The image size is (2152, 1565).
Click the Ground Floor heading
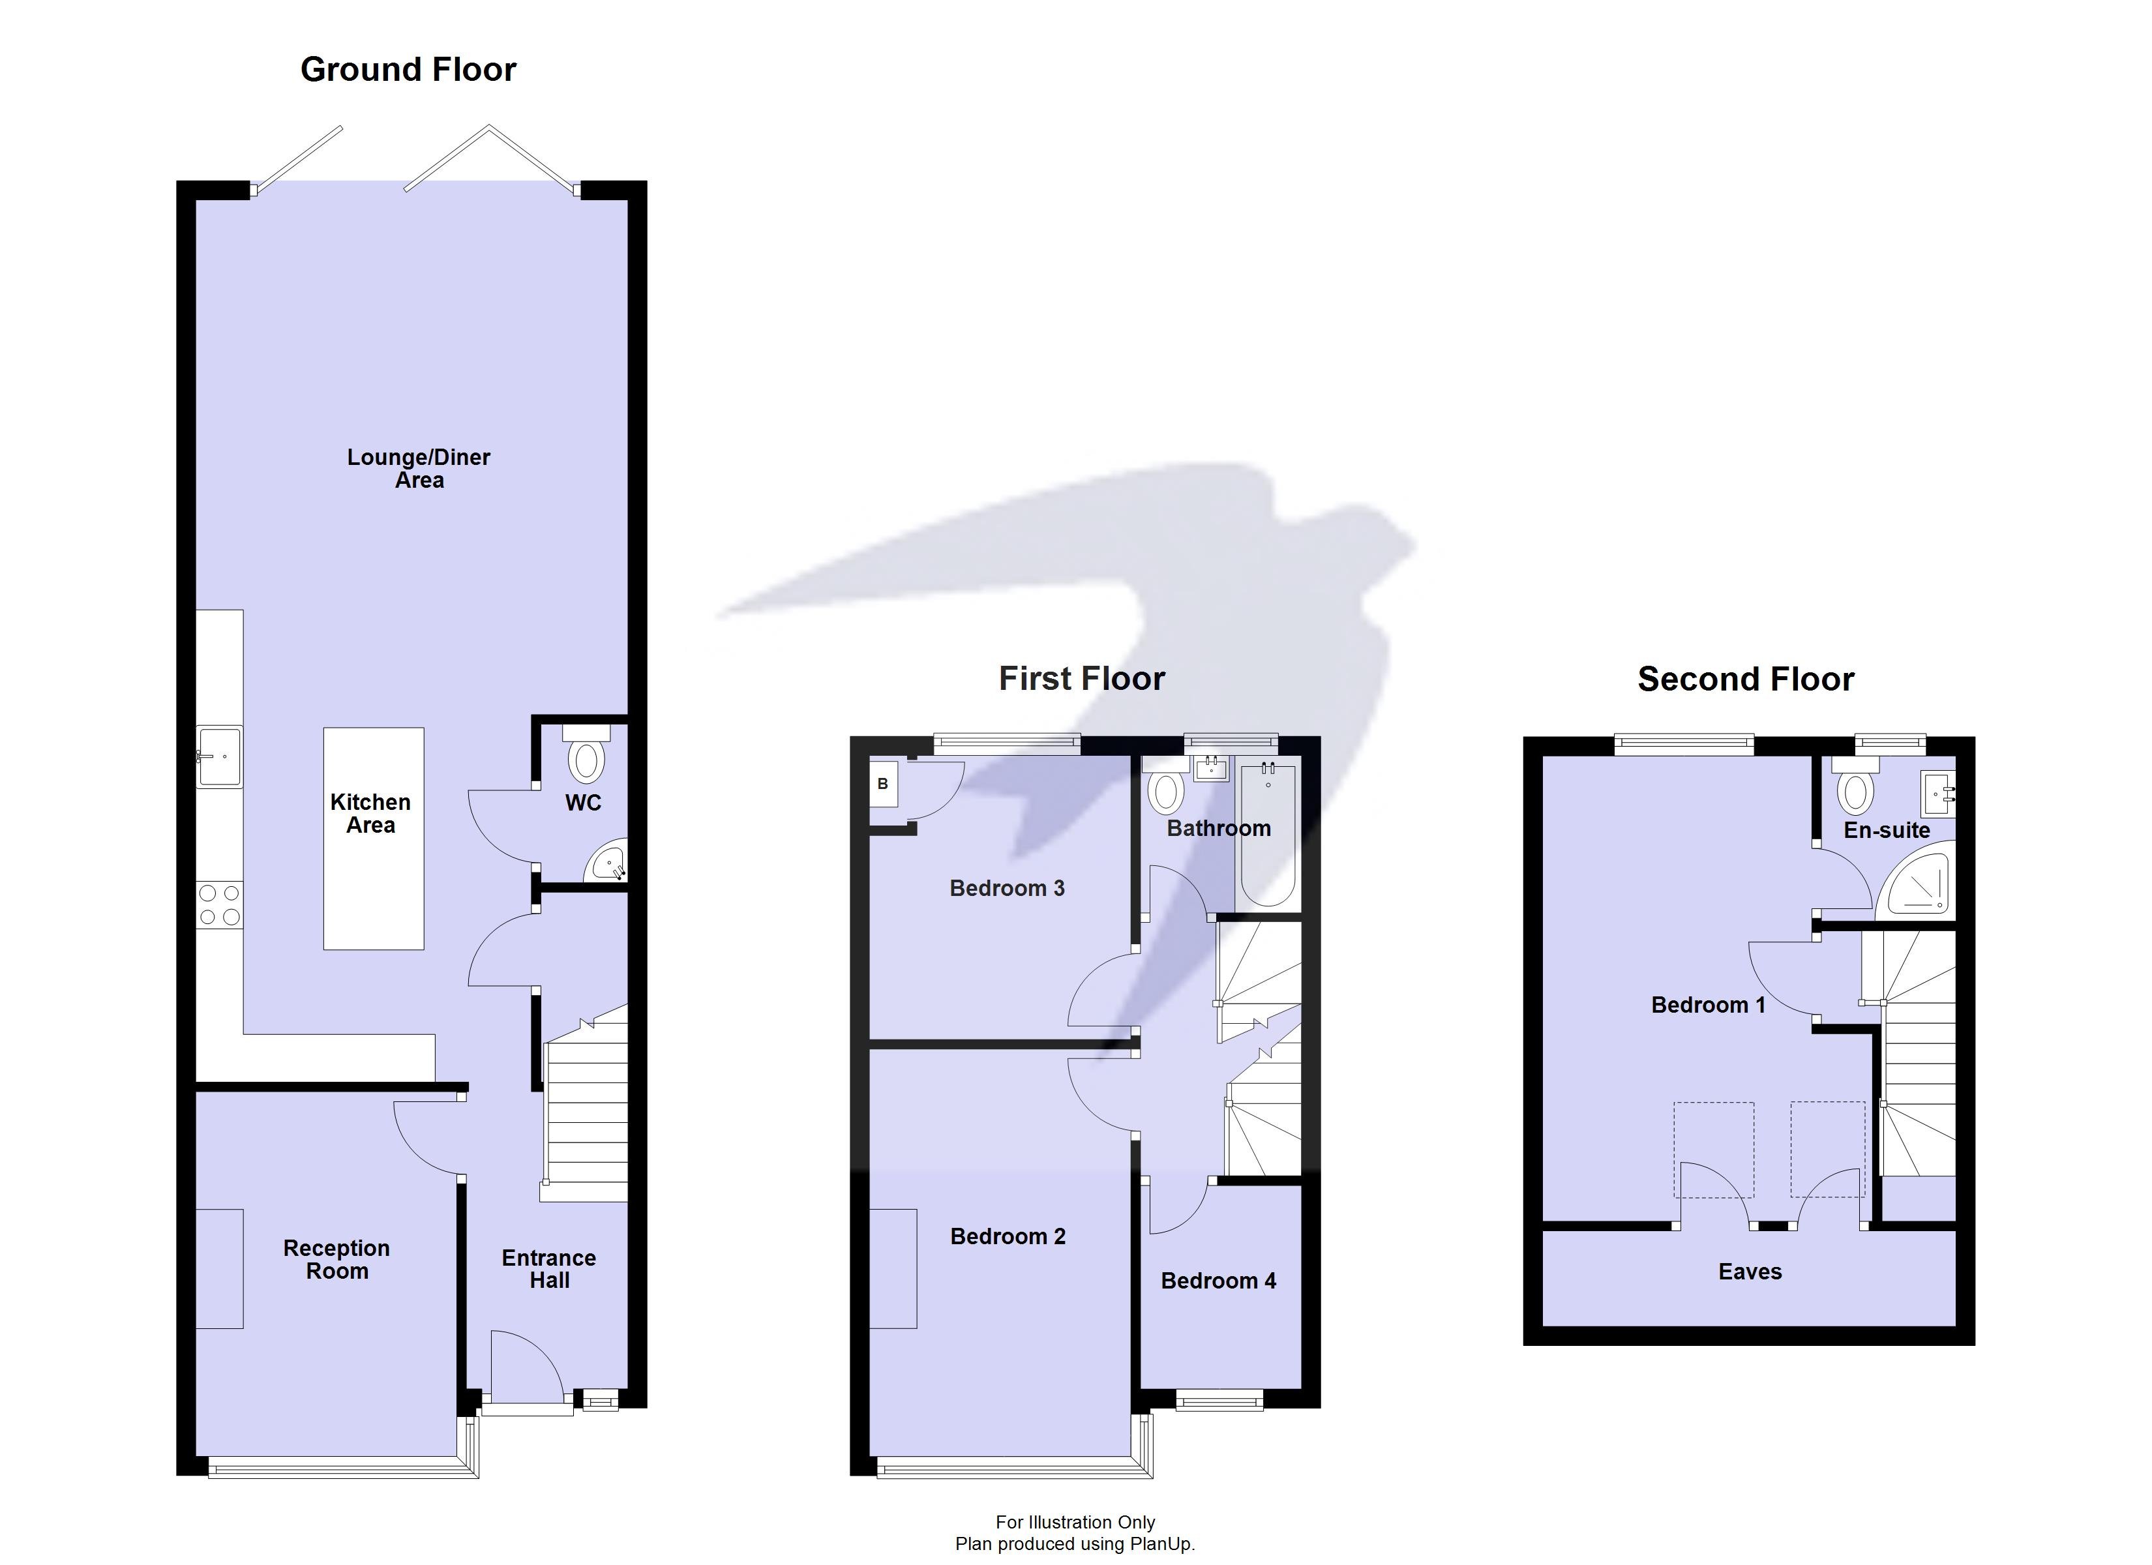[408, 69]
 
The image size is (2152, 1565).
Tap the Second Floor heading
[1745, 679]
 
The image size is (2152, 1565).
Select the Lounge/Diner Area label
[419, 469]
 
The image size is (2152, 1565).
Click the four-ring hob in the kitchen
[219, 904]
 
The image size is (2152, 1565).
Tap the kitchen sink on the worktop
[219, 757]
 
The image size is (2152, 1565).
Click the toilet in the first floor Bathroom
[1166, 790]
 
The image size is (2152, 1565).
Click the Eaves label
[1750, 1272]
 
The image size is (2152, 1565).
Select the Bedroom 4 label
[1218, 1281]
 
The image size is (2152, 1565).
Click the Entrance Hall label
[548, 1269]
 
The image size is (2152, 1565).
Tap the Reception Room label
[337, 1259]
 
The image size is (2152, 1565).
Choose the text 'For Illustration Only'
[1075, 1523]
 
